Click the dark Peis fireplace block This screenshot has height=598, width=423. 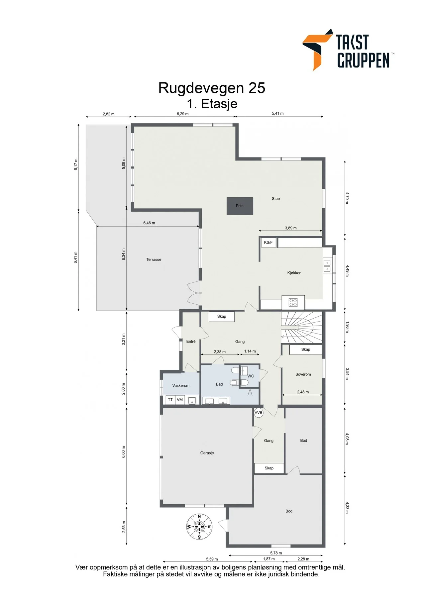[x=240, y=206]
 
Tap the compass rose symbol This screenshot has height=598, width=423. [x=199, y=526]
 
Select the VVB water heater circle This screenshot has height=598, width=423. [x=258, y=413]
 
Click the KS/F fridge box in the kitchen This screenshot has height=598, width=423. [x=268, y=243]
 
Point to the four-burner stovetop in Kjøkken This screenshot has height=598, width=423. [x=293, y=302]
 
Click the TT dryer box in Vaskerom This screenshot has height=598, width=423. [x=170, y=400]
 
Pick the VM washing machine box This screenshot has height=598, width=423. [x=180, y=400]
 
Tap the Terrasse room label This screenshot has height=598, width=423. [x=154, y=259]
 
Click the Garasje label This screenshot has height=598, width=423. [x=207, y=453]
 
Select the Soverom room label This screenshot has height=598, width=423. [x=303, y=374]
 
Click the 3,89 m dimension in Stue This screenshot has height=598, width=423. [x=291, y=228]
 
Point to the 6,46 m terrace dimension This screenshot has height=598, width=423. [x=149, y=223]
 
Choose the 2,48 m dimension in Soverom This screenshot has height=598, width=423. [x=303, y=392]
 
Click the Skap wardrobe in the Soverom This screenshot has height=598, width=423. [x=306, y=349]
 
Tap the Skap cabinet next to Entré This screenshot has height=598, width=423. [x=222, y=316]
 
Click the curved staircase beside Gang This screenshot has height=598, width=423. [x=302, y=328]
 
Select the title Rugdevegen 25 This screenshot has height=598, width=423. [x=212, y=88]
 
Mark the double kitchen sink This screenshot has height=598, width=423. [x=327, y=266]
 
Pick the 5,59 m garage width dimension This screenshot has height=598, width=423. [x=212, y=559]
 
